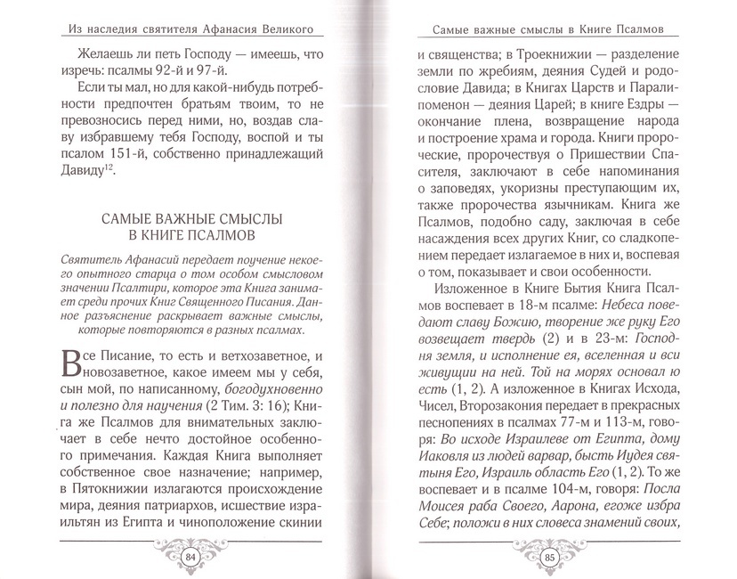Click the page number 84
pyautogui.click(x=190, y=559)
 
